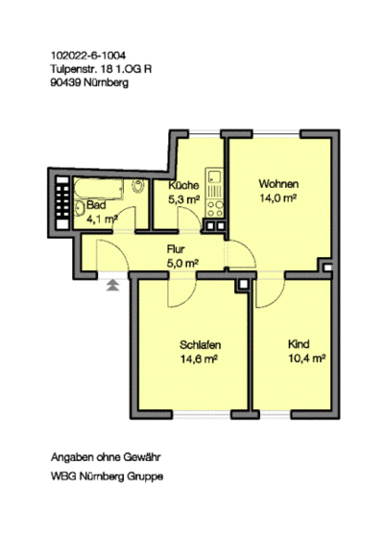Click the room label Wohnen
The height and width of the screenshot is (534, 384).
point(278,183)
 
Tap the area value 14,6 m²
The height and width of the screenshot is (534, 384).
point(199,359)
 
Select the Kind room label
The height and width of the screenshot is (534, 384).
point(299,344)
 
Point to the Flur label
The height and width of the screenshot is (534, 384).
point(176,249)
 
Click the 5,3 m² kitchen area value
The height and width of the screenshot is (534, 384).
point(183,199)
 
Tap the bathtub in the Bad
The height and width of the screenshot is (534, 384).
point(98,188)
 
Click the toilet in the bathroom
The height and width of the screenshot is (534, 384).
point(138,186)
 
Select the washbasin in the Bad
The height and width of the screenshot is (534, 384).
point(79,208)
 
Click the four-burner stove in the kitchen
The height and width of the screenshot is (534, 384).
point(214,209)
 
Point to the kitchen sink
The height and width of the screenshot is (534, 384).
point(214,176)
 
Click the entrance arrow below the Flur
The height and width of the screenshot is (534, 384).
point(113,286)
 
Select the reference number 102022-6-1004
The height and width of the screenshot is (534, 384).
point(88,56)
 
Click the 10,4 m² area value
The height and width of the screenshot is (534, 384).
point(307,359)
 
